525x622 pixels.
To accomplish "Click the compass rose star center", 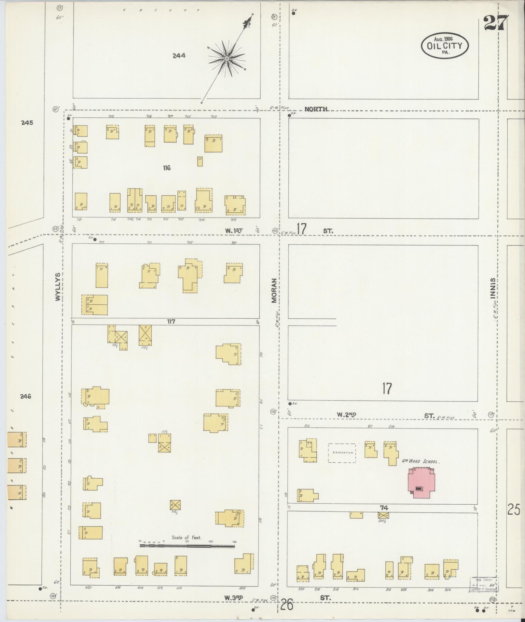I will point(226,59).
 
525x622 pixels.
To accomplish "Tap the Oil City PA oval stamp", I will point(445,46).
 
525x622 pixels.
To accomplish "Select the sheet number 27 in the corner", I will point(495,23).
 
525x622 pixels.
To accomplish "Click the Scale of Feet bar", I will point(187,546).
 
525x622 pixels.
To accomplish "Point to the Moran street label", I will point(274,290).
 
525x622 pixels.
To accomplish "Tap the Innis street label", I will point(493,288).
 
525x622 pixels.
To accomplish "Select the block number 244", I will point(179,56).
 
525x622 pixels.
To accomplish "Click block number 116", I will point(167,168).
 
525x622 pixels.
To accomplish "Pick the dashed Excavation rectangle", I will point(342,453).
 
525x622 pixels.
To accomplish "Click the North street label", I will point(316,109).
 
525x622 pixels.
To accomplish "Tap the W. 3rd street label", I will point(234,598).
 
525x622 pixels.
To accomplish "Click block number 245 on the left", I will point(27,123).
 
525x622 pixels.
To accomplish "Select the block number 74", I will point(384,508).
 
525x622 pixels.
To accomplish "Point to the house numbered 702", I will point(235,205).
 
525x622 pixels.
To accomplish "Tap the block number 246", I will point(25,396).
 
